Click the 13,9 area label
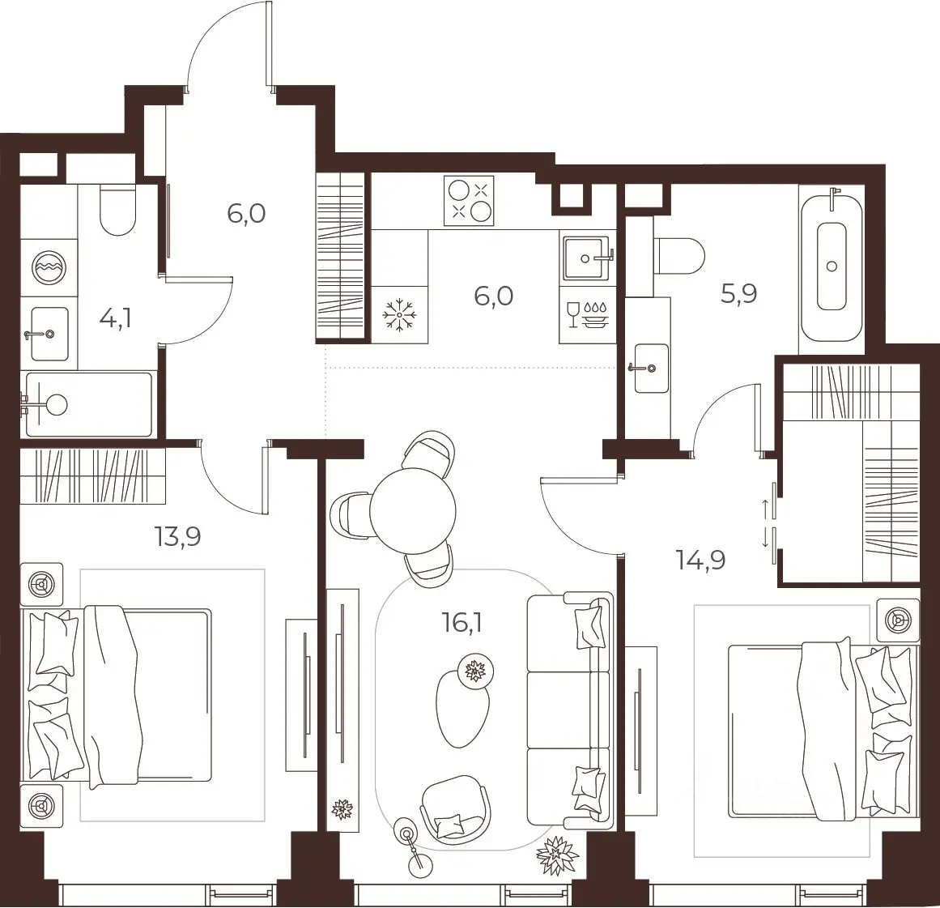tap(178, 536)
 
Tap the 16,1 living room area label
tap(461, 623)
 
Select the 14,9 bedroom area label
tap(701, 561)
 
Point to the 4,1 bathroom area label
tap(116, 318)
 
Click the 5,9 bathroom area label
tap(739, 294)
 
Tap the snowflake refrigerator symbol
tap(400, 315)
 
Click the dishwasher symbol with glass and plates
tap(587, 314)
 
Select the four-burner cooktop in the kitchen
tap(469, 200)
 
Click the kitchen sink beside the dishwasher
tap(588, 258)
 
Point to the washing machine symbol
tap(49, 267)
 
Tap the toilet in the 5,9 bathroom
tap(679, 255)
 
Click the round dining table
tap(412, 511)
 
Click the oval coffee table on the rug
tap(463, 707)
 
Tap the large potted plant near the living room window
tap(557, 855)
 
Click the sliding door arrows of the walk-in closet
tap(765, 523)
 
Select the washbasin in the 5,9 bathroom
tap(650, 369)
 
